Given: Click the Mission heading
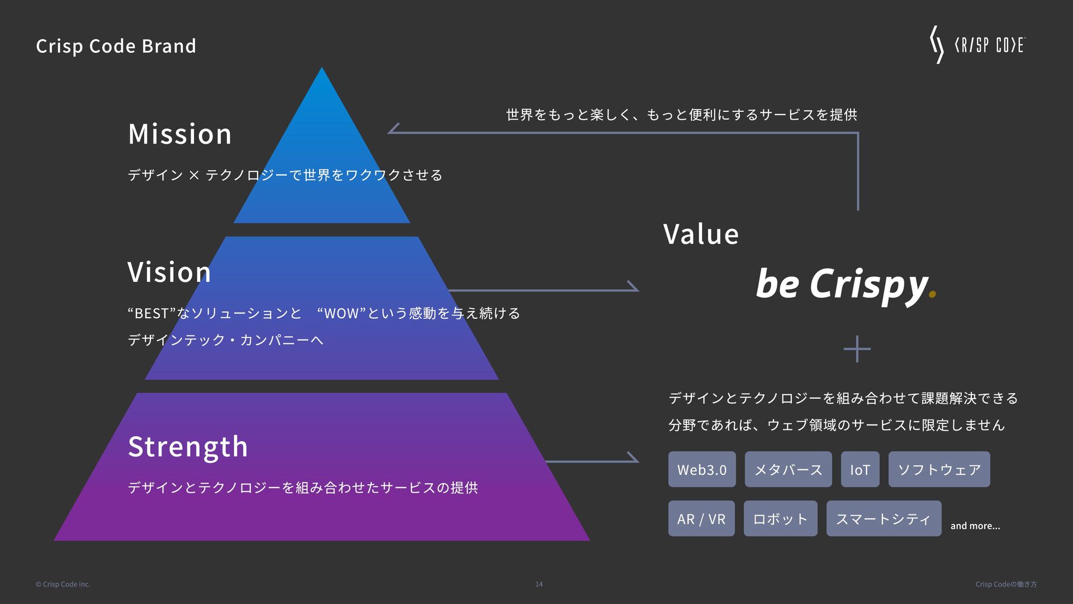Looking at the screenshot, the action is pos(179,134).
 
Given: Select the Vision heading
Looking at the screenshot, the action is pos(169,272).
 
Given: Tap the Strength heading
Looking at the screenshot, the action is pos(188,447).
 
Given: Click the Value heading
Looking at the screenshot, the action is pos(701,234).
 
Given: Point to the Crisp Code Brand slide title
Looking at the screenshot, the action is pos(116,46).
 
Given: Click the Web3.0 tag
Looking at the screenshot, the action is pos(702,469).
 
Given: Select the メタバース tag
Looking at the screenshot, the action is pos(788,469).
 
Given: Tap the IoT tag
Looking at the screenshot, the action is pos(860,469).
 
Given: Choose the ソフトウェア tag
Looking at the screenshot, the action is pos(939,469).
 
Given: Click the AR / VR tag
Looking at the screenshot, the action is pos(701,518).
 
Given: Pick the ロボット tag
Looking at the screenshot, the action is pos(780,518).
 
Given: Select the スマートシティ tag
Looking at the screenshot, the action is pos(884,518).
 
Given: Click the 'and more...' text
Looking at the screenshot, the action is pos(975,526).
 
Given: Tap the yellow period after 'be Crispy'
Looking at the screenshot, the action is pos(932,295).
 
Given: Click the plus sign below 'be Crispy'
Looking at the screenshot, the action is pos(857,349).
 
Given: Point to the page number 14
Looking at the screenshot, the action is pos(539,584).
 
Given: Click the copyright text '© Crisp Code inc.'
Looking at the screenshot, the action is pos(63,584).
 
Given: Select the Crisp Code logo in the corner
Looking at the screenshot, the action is pos(977,45).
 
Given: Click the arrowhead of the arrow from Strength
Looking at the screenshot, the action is pos(634,457).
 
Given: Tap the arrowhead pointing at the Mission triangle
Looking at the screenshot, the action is pos(393,129).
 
